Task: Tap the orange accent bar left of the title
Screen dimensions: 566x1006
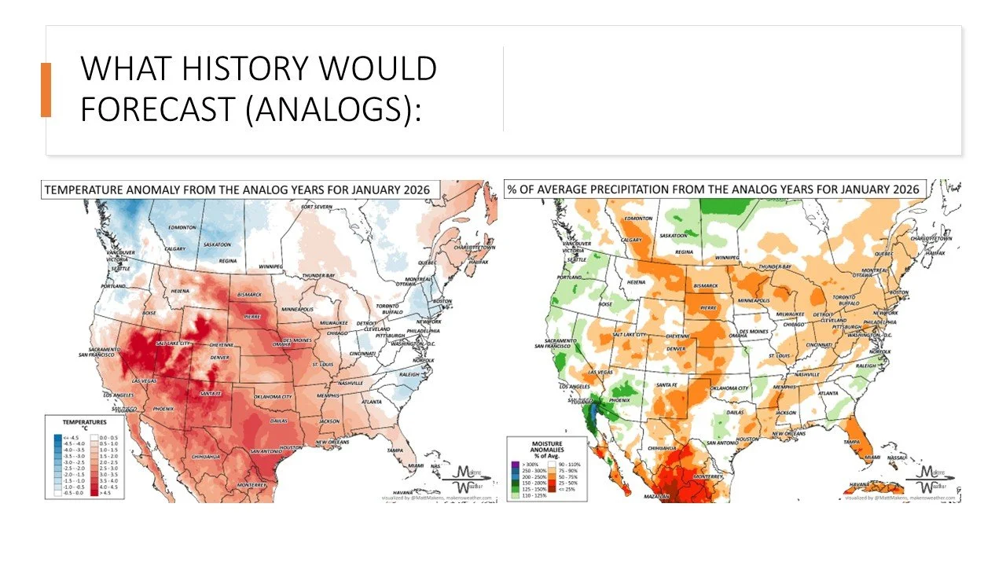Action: tap(46, 90)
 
